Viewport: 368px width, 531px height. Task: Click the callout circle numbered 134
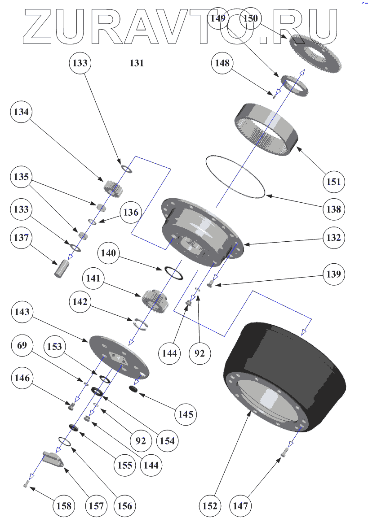pos(22,113)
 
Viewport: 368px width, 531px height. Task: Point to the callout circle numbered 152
pos(210,506)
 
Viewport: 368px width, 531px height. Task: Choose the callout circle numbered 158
pos(64,506)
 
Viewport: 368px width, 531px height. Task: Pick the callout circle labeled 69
pos(22,346)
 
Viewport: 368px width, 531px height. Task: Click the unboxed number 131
pos(137,63)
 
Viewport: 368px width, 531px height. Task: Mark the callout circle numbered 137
pos(22,237)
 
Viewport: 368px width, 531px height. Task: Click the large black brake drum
pos(283,377)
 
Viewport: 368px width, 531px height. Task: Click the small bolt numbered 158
pos(26,483)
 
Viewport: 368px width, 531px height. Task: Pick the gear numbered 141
pos(155,300)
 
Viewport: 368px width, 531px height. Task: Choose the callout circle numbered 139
pos(333,274)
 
